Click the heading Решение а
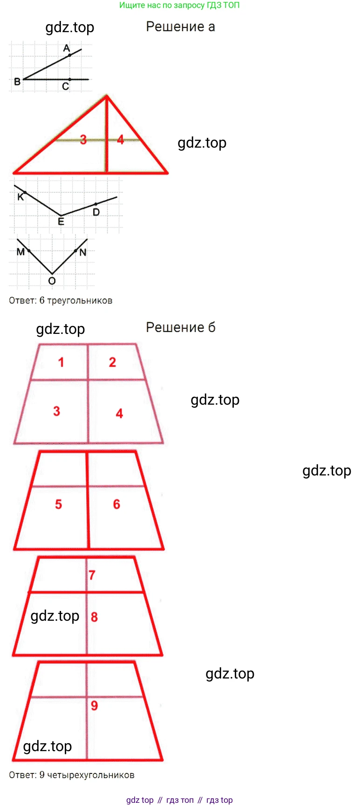point(180,27)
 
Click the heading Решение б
point(181,327)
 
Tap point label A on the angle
point(67,48)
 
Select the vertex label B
point(17,81)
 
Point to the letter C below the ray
point(66,86)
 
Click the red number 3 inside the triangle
point(83,139)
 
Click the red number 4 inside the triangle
point(121,139)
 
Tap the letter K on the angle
point(20,197)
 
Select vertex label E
point(61,222)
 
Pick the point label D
point(96,212)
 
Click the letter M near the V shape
point(20,252)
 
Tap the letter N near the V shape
point(83,252)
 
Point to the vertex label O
point(52,281)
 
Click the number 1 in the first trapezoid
point(61,362)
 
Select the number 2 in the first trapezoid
point(112,362)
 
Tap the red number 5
point(58,504)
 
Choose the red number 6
point(116,504)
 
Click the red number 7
point(92,575)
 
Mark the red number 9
point(94,705)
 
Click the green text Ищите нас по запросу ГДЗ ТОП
point(179,5)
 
